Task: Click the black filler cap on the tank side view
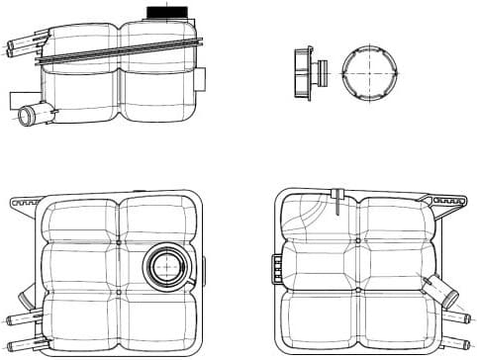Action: (158, 12)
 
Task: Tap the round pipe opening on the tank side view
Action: (27, 117)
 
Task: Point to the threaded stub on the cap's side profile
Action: (322, 73)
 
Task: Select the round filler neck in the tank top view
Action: (163, 266)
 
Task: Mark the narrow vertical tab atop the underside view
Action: (340, 195)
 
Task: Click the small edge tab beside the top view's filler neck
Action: (202, 267)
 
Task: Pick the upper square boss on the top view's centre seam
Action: (119, 242)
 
